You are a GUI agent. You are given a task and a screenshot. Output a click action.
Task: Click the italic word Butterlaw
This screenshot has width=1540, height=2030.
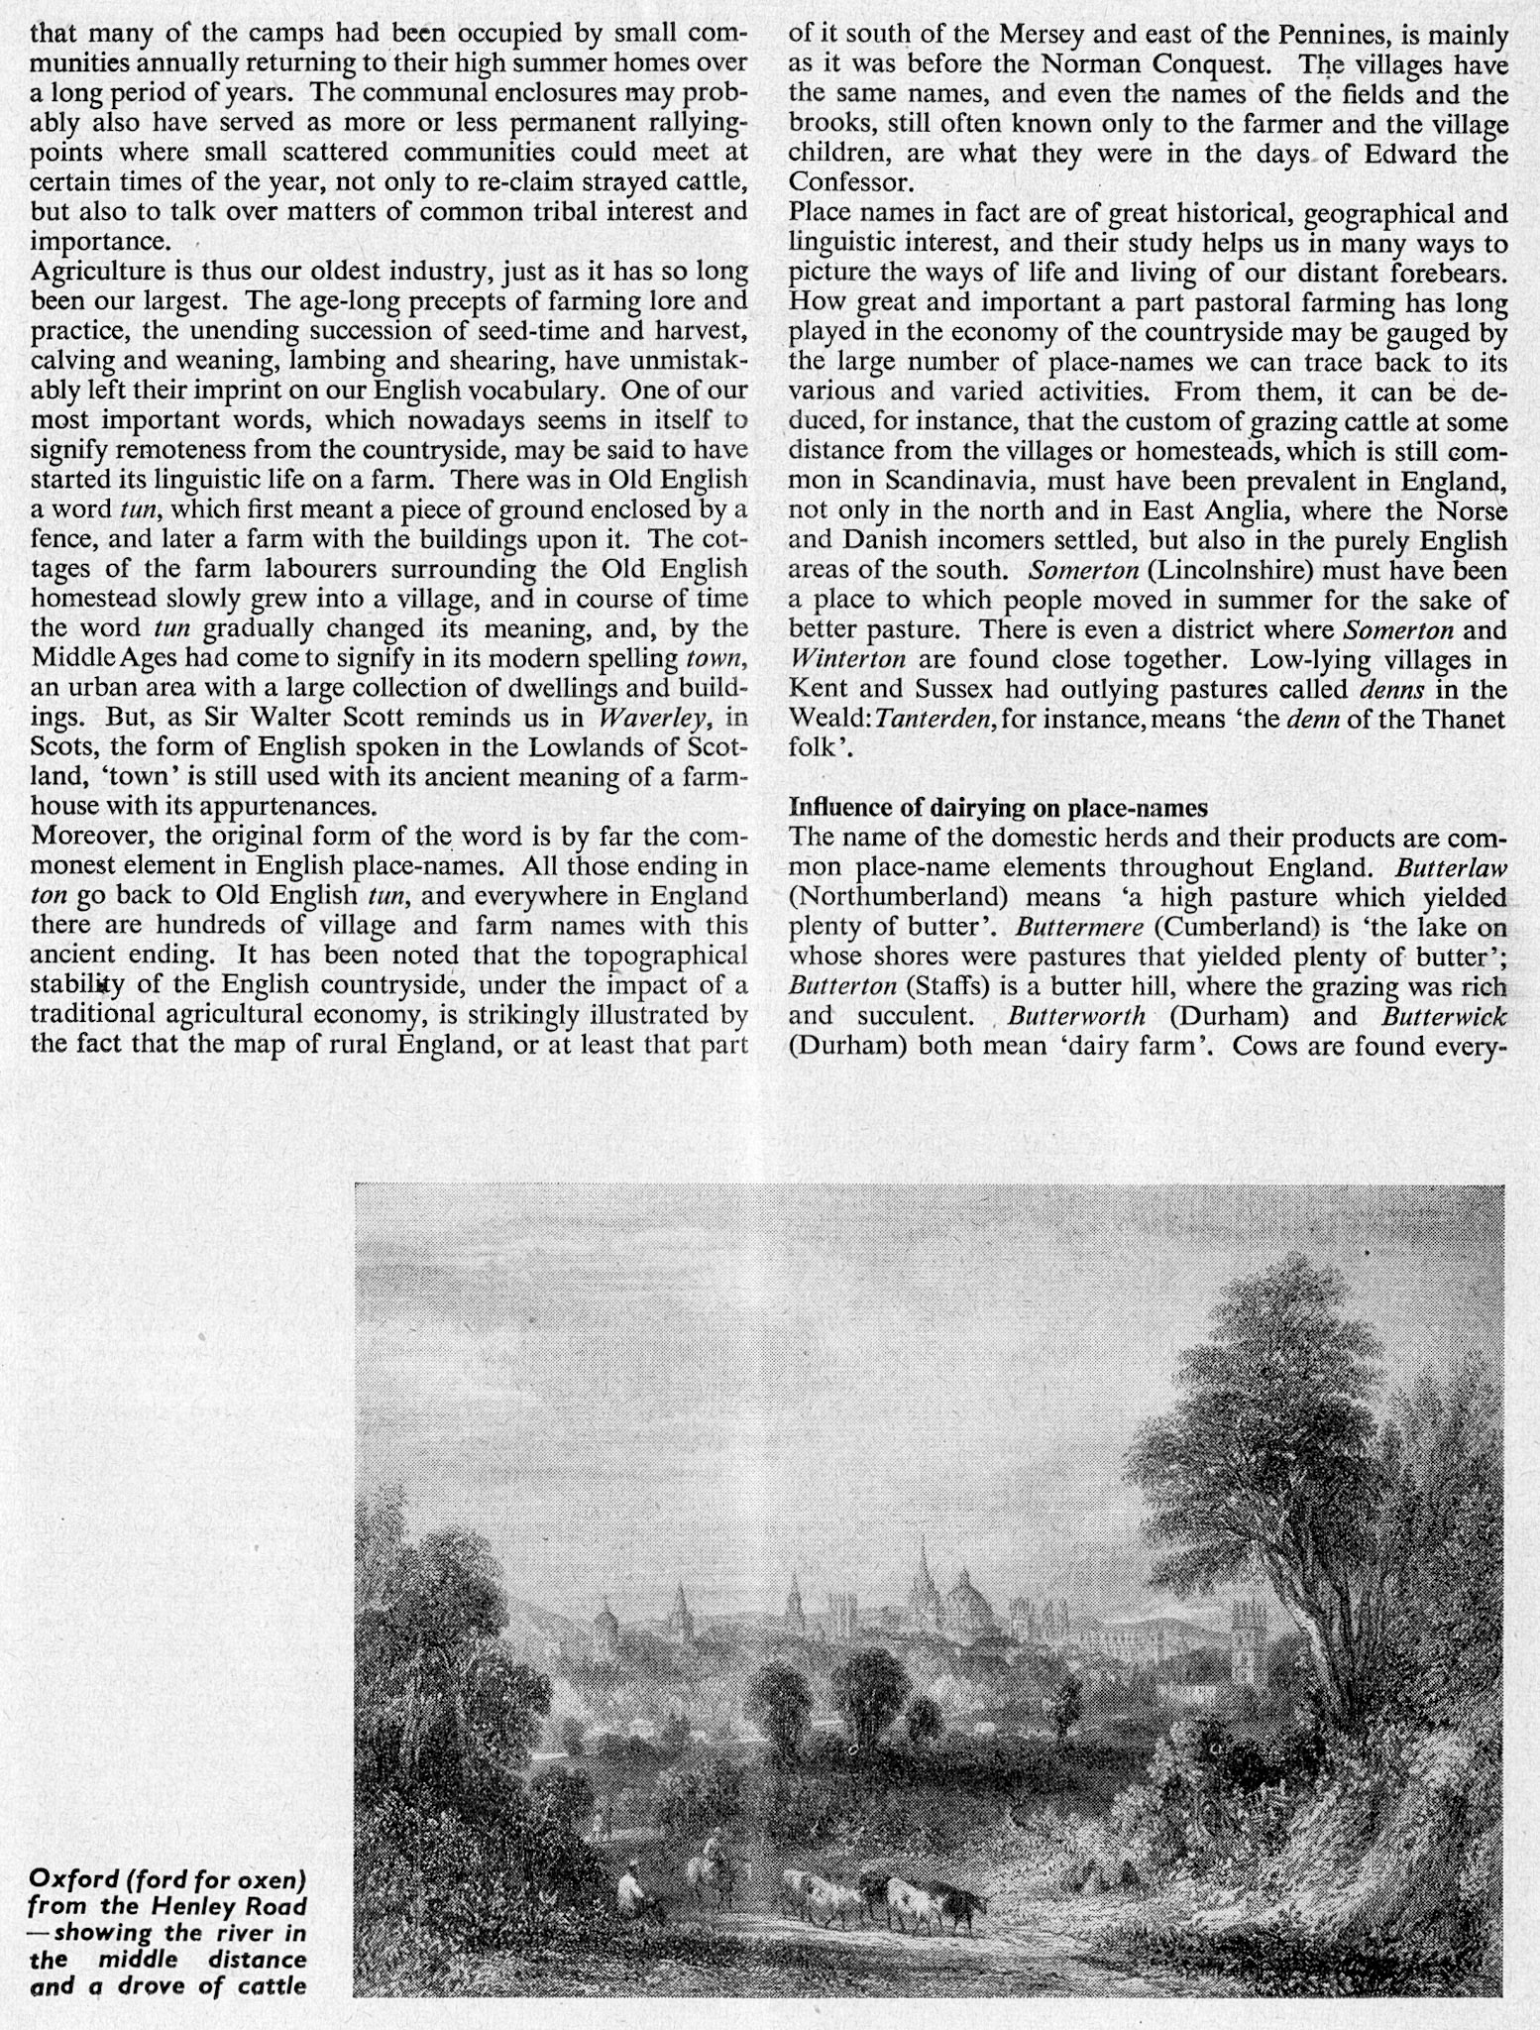[x=1451, y=868]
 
